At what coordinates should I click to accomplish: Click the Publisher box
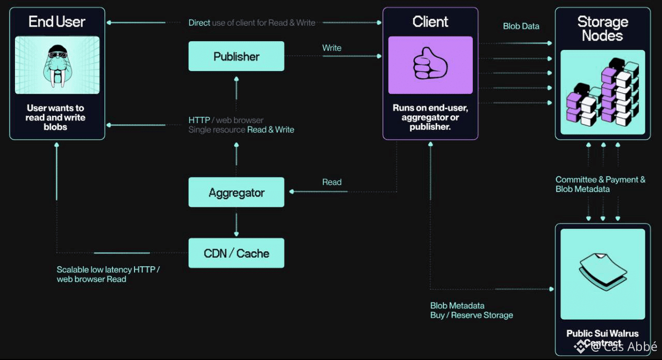click(236, 56)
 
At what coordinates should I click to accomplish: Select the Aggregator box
click(236, 192)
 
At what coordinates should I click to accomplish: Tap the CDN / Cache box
click(236, 253)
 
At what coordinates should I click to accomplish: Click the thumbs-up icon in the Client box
click(430, 65)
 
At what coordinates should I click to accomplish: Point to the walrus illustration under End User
click(57, 65)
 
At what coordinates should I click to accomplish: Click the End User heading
click(57, 22)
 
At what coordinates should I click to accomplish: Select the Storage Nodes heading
click(603, 28)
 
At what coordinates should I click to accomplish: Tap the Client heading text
click(430, 22)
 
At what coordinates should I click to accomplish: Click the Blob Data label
click(521, 26)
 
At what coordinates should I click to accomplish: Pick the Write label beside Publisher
click(332, 48)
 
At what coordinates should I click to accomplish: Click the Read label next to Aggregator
click(332, 182)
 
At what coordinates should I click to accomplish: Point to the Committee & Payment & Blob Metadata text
click(600, 184)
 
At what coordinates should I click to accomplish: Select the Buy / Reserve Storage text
click(472, 315)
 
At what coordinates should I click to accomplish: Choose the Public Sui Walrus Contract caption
click(603, 338)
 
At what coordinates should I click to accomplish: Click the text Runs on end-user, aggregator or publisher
click(430, 117)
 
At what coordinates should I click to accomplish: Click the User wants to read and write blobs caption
click(56, 117)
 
